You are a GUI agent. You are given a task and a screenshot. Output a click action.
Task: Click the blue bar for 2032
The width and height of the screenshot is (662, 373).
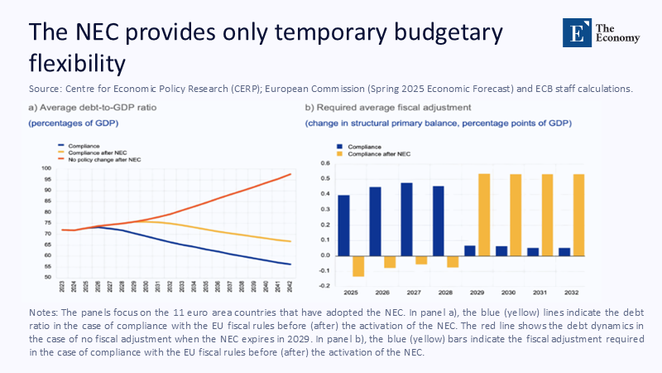[564, 252]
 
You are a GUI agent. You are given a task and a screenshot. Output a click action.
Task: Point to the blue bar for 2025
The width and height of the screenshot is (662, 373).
[343, 225]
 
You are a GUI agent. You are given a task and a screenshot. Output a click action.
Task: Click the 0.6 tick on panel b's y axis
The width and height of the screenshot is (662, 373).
[325, 177]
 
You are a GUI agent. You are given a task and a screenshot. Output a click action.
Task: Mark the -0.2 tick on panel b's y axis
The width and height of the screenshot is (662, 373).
[324, 286]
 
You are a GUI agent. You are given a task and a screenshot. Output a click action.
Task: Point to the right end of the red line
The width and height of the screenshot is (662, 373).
[290, 174]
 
